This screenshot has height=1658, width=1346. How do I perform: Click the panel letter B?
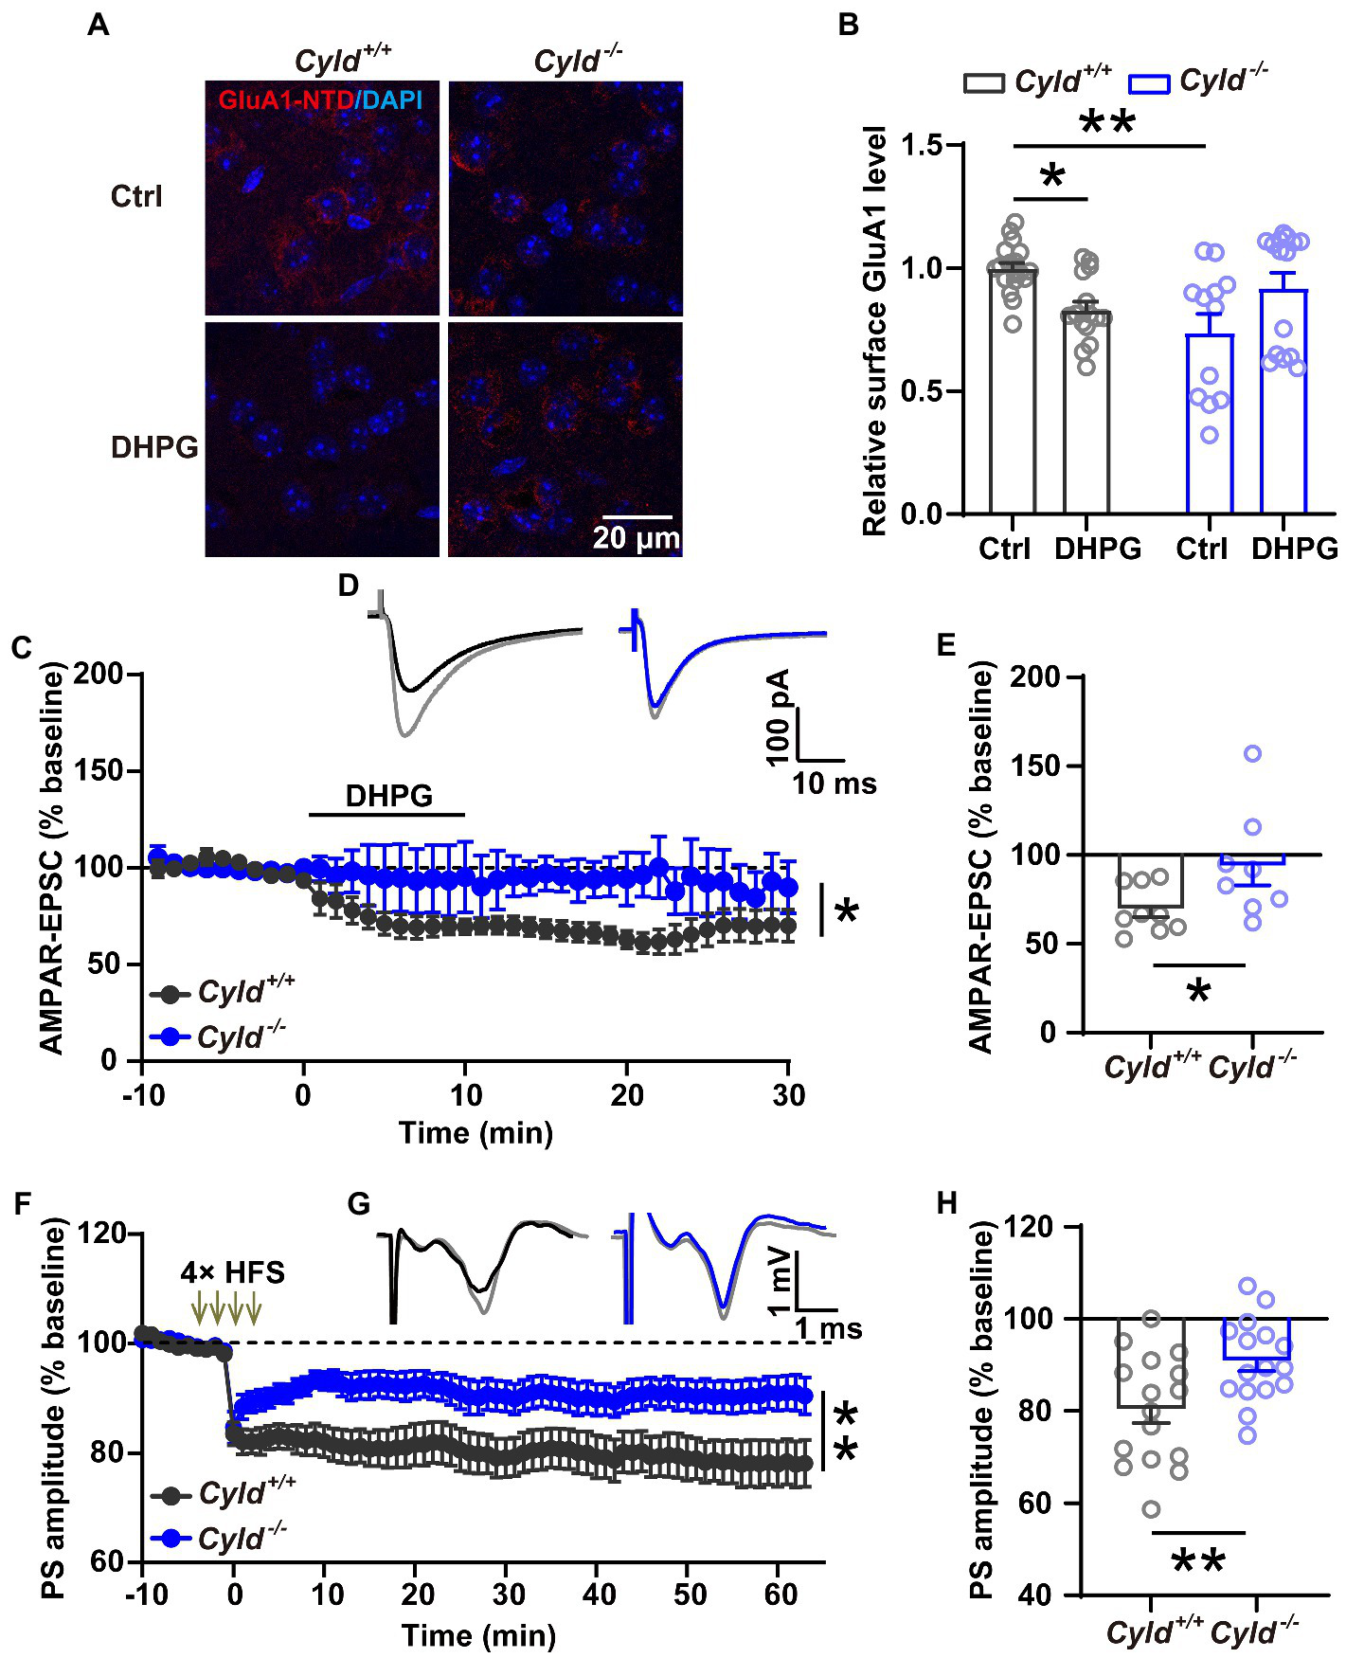(x=848, y=25)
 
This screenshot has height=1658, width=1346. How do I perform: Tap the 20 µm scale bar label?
(x=636, y=538)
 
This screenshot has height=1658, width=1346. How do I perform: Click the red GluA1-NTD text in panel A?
(x=285, y=99)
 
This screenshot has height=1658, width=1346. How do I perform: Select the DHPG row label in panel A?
(x=154, y=446)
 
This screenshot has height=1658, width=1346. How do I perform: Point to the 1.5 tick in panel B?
(x=922, y=146)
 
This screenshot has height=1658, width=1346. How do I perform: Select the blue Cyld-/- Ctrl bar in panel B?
(x=1209, y=424)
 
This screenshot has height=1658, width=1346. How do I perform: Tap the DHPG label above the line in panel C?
(x=388, y=796)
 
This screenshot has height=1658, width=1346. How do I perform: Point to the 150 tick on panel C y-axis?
(x=99, y=771)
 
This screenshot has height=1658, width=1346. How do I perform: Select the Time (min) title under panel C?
(x=476, y=1133)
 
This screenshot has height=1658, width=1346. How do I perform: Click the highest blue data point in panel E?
(x=1252, y=754)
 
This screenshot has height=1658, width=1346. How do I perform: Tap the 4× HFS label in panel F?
(x=232, y=1271)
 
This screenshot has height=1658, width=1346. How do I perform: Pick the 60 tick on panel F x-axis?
(x=781, y=1595)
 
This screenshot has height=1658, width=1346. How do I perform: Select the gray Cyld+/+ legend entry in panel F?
(x=224, y=1494)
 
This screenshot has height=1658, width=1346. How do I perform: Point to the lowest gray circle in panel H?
(x=1151, y=1509)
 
